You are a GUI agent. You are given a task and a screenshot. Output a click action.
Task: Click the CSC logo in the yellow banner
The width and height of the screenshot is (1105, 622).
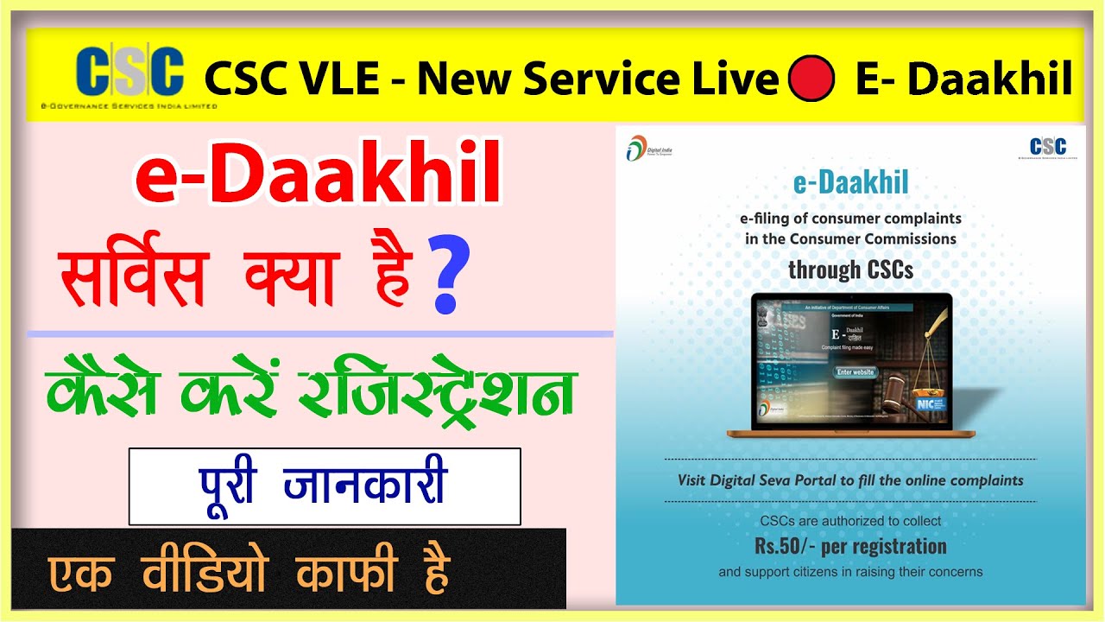point(129,73)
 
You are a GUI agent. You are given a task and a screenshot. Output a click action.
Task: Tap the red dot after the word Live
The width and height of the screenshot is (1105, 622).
point(811,79)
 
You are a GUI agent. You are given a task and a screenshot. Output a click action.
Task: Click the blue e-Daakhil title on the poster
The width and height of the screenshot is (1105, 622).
point(850,183)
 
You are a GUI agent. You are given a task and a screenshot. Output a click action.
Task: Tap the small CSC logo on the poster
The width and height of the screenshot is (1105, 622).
point(1047,147)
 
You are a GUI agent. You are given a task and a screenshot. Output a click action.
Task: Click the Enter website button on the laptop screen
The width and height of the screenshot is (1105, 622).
point(856,373)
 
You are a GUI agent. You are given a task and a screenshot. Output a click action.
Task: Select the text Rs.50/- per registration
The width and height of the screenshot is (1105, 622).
point(850,547)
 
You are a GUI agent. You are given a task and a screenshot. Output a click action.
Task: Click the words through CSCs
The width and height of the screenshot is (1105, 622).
point(850,270)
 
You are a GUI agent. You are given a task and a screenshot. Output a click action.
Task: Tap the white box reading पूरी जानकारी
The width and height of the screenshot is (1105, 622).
point(325,486)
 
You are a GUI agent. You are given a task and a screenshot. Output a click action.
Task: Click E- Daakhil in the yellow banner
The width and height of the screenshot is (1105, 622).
point(963,79)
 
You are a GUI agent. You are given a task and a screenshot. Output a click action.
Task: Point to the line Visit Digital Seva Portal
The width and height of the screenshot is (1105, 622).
point(850,480)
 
